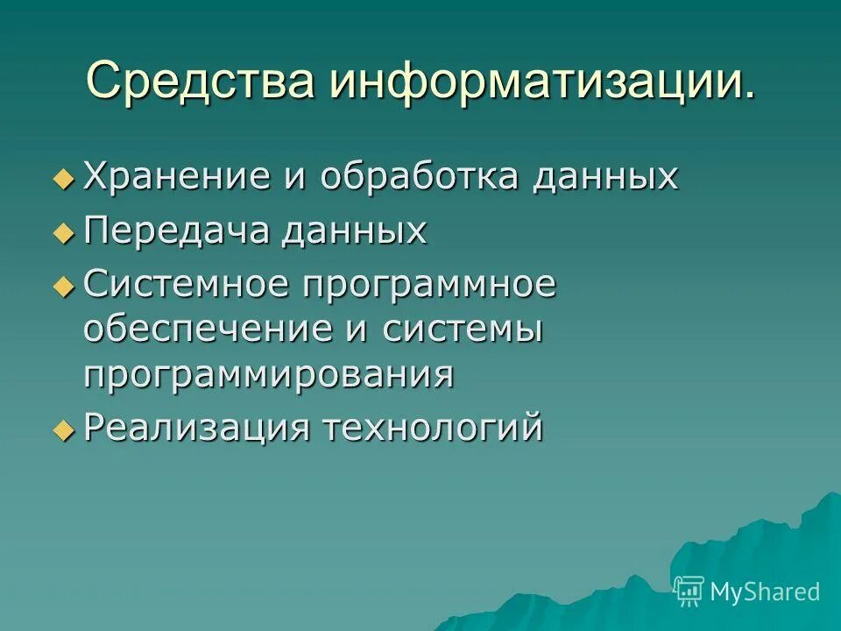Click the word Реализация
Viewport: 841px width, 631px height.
(197, 429)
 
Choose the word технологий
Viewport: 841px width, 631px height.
(434, 429)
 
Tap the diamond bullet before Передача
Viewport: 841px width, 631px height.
(62, 233)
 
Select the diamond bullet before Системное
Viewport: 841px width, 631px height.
(62, 287)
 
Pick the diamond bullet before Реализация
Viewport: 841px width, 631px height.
(62, 430)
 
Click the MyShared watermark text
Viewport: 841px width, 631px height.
(765, 592)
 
